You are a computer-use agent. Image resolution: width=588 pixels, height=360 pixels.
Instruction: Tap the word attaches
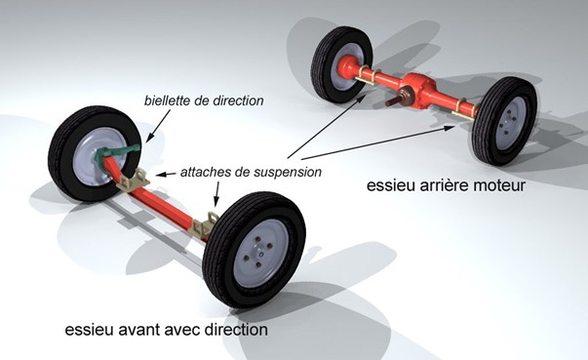[206, 172]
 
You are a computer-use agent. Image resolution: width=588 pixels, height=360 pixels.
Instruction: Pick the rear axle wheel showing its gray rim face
[503, 119]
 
